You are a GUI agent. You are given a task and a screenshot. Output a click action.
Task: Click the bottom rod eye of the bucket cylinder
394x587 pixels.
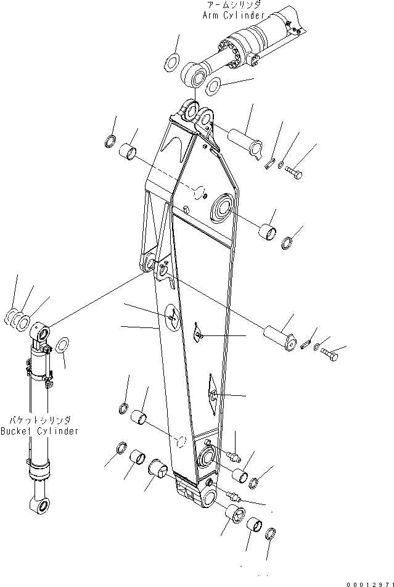tap(41, 506)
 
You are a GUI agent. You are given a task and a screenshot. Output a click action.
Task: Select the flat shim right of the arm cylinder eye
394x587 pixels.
tap(214, 86)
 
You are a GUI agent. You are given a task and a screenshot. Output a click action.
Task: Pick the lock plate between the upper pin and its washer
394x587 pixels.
tap(270, 162)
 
